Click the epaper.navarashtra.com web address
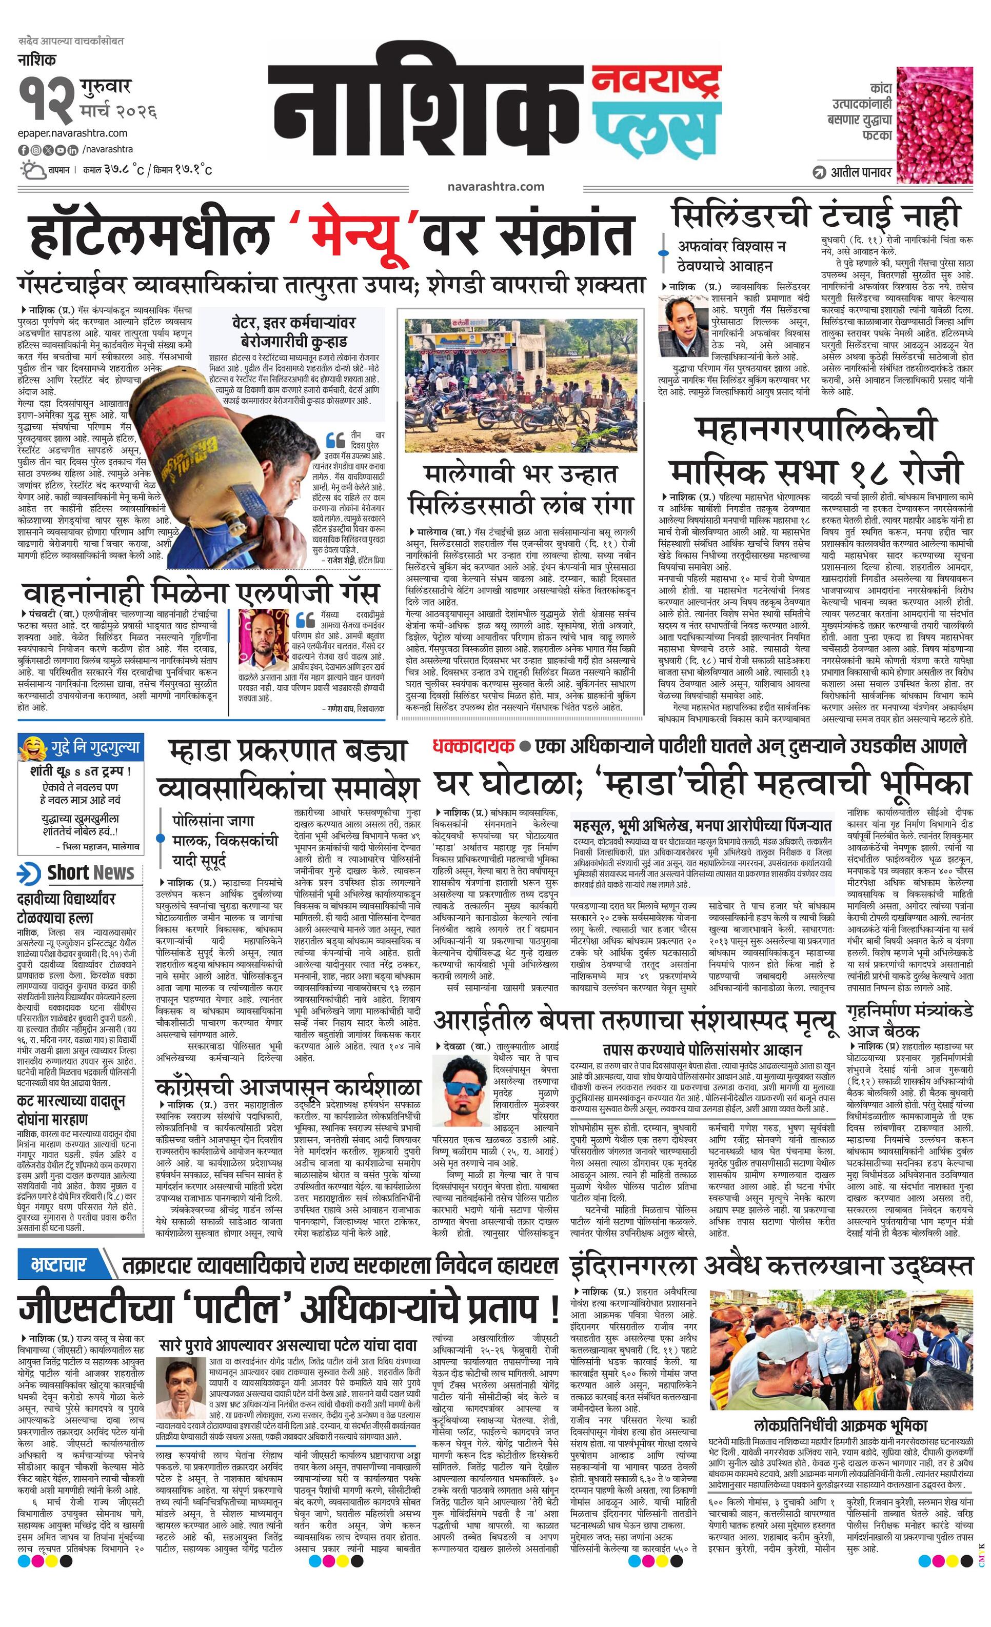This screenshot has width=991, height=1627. (73, 133)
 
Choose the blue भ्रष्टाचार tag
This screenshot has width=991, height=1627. (59, 1266)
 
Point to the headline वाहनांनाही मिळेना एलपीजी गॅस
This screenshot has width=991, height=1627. (200, 592)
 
